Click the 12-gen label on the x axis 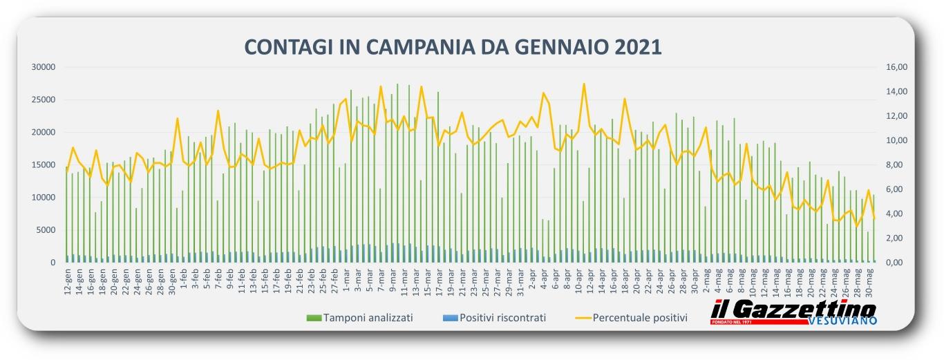[68, 281]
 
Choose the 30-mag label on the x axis [869, 281]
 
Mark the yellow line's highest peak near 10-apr [584, 84]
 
